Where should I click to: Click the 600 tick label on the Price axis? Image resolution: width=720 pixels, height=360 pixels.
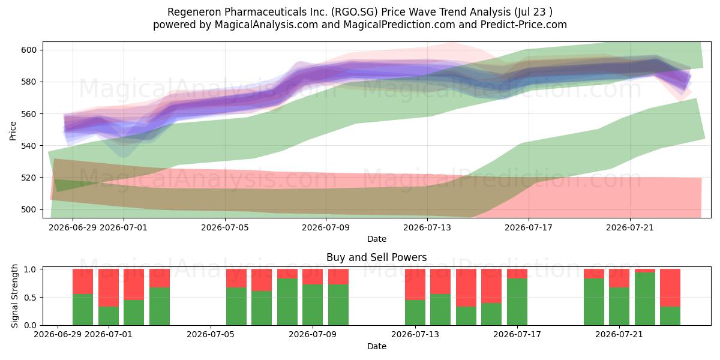(x=29, y=50)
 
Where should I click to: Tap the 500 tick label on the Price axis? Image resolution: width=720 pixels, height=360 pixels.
(x=29, y=209)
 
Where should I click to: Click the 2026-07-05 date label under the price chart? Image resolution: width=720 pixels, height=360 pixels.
(x=225, y=227)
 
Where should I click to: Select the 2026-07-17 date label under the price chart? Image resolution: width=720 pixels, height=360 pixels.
(x=529, y=227)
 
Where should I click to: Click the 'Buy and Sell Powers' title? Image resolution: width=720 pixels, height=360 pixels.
(x=377, y=257)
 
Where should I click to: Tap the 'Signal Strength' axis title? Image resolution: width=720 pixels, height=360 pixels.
(x=14, y=296)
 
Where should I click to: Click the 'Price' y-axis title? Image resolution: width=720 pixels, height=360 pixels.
(x=13, y=131)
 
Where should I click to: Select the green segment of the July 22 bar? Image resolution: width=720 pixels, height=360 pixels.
(x=645, y=299)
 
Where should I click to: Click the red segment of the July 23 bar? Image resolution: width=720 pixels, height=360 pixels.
(x=670, y=287)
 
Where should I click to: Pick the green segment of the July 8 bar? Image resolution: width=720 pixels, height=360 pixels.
(x=287, y=302)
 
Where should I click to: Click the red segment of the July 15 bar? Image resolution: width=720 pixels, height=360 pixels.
(x=466, y=287)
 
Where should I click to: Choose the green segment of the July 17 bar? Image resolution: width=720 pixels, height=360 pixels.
(x=517, y=302)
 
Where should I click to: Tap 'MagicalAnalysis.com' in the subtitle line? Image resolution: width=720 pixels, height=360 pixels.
(x=266, y=25)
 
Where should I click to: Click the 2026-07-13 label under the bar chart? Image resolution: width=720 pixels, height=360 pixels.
(x=415, y=335)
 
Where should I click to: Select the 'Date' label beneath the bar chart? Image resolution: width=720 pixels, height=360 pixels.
(x=377, y=347)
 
